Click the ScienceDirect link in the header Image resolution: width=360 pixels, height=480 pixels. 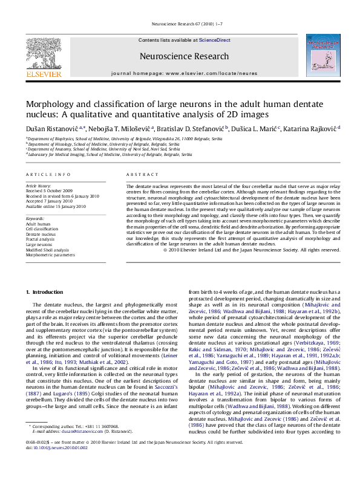[x=215, y=40]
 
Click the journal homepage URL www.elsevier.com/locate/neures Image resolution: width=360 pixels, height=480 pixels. [x=203, y=73]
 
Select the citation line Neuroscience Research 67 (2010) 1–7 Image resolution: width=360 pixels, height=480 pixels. [x=180, y=25]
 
